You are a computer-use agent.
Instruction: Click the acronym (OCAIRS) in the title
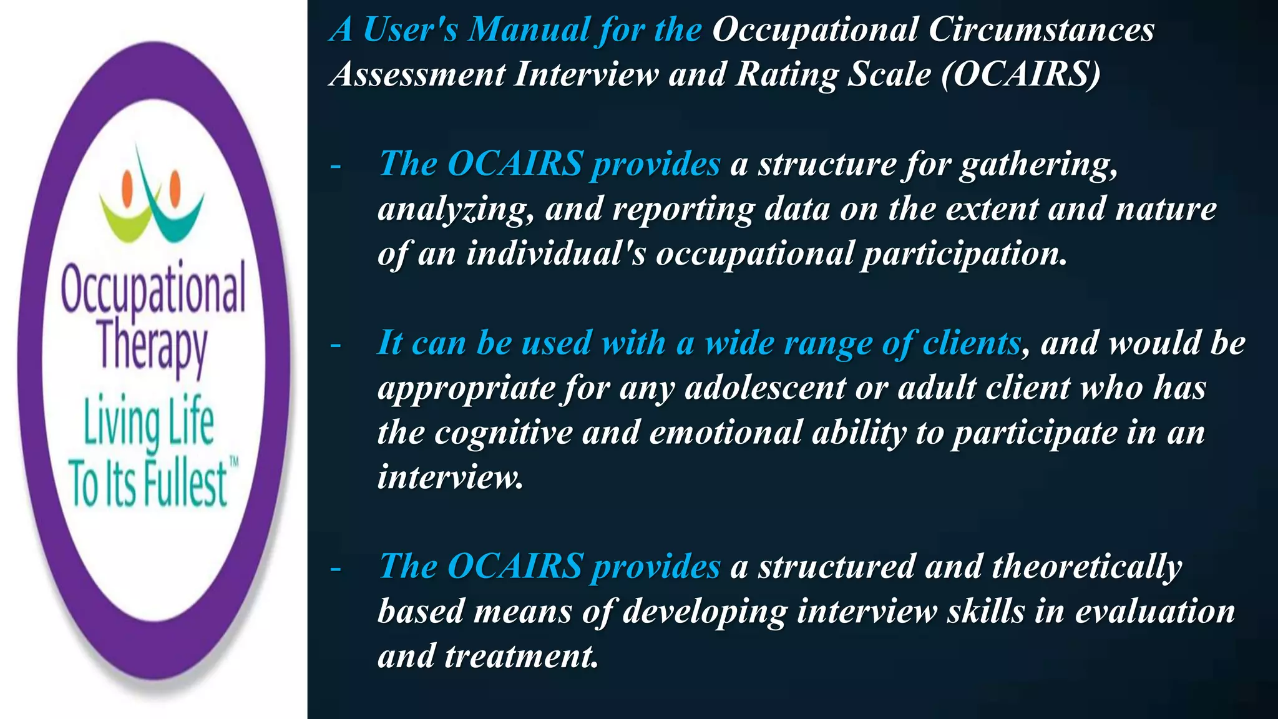pos(1021,74)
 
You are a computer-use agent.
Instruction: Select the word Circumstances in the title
pos(1041,29)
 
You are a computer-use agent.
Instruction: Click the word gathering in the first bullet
pos(1038,165)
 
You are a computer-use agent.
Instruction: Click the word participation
pos(964,254)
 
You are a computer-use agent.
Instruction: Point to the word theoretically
pos(1086,567)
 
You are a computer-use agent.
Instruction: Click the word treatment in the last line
pos(521,656)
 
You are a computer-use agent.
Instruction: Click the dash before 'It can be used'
pos(336,345)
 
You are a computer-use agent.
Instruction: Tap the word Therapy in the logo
pos(152,347)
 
